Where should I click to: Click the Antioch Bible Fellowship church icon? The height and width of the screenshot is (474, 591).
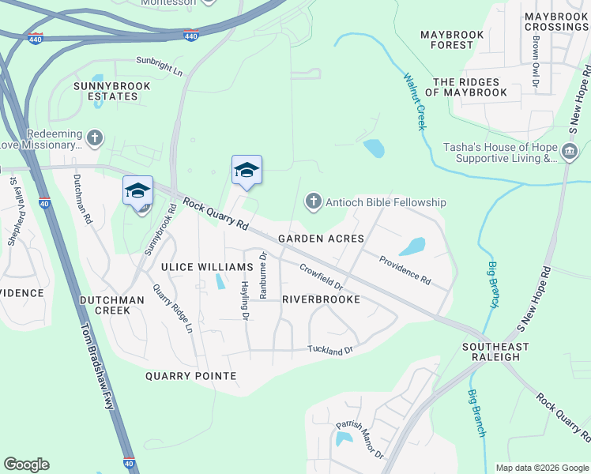click(x=313, y=203)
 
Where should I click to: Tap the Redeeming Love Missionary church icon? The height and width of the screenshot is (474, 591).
click(x=95, y=139)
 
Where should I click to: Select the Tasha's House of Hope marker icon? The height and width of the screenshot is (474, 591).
click(x=569, y=152)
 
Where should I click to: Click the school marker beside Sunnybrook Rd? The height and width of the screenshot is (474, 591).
click(x=137, y=192)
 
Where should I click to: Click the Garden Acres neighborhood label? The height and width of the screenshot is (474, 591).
click(x=321, y=239)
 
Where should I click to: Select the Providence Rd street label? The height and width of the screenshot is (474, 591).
click(x=404, y=269)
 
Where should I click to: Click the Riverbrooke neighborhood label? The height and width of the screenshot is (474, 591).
click(x=321, y=299)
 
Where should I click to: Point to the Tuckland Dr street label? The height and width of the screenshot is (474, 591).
click(x=329, y=349)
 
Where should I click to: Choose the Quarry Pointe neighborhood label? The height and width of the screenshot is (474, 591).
click(x=190, y=376)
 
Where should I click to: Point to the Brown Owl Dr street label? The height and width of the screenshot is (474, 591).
click(x=536, y=61)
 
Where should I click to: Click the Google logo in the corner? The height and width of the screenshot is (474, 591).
click(x=26, y=465)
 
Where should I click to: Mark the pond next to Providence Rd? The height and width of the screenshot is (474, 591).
click(x=412, y=246)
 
